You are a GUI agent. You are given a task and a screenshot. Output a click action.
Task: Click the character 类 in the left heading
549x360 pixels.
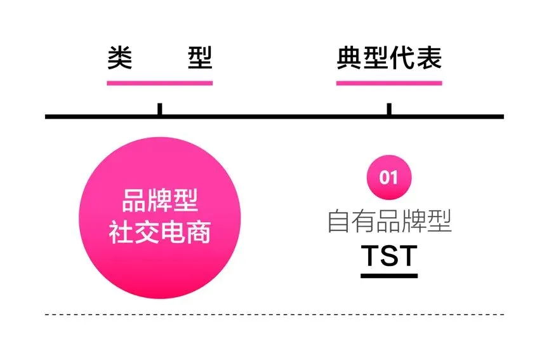[x=119, y=58]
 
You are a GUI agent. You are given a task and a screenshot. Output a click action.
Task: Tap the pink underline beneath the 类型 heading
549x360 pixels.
[x=159, y=83]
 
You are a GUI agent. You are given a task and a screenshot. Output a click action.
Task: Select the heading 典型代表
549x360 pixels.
[x=388, y=58]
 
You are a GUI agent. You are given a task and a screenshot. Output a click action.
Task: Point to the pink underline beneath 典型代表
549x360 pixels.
[x=388, y=83]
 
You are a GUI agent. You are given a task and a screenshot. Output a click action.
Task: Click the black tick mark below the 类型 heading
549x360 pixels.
[x=159, y=109]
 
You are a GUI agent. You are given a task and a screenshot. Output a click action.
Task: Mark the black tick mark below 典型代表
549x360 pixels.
[x=388, y=109]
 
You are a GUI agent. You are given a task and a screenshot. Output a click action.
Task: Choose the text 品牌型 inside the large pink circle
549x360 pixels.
[x=159, y=203]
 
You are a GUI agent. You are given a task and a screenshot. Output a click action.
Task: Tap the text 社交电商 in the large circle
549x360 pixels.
[x=159, y=233]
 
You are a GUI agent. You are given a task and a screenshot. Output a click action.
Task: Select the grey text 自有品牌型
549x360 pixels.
[x=388, y=221]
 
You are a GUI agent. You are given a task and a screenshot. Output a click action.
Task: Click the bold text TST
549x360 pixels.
[x=388, y=255]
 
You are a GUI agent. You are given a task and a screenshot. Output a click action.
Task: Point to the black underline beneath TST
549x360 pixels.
[x=388, y=276]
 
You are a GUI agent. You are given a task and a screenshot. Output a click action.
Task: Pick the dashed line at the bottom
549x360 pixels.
[x=274, y=314]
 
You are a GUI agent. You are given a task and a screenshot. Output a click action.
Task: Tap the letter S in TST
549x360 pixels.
[x=388, y=255]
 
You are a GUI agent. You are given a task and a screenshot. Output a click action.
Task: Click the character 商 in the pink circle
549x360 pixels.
[x=198, y=233]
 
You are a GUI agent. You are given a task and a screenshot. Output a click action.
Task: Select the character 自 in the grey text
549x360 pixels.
[x=339, y=221]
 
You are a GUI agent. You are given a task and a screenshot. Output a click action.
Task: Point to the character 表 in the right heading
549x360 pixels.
[x=428, y=58]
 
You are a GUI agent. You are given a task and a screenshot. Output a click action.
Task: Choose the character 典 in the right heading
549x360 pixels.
[x=348, y=58]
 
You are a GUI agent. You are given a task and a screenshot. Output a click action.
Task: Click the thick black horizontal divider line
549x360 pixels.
[x=274, y=117]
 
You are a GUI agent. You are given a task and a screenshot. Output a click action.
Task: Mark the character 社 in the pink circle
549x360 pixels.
[x=121, y=233]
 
